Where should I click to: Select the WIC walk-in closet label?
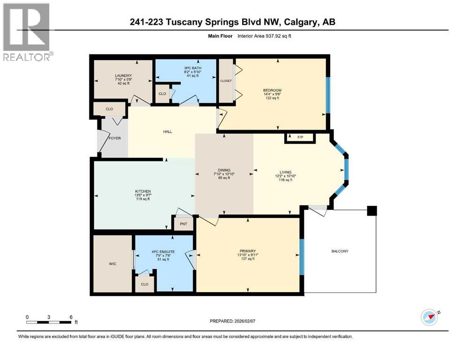point(112,264)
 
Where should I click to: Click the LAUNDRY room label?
point(124,76)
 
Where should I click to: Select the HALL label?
point(167,131)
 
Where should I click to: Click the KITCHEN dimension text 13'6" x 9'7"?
point(143,195)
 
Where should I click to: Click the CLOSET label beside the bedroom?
point(226,81)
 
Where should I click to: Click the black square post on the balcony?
point(372,211)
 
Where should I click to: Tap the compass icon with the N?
point(429,317)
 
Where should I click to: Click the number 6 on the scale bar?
point(71,317)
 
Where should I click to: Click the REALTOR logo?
point(27,31)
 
